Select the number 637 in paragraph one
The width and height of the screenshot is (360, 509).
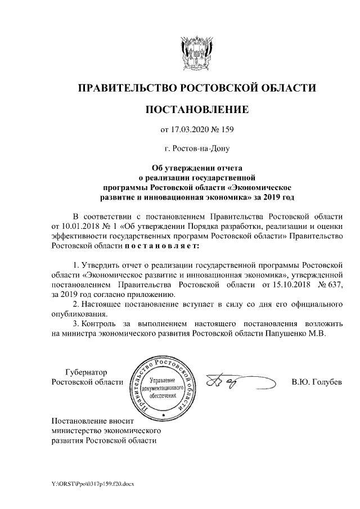[x=333, y=285]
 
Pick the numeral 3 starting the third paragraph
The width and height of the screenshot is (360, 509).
[x=76, y=323]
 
